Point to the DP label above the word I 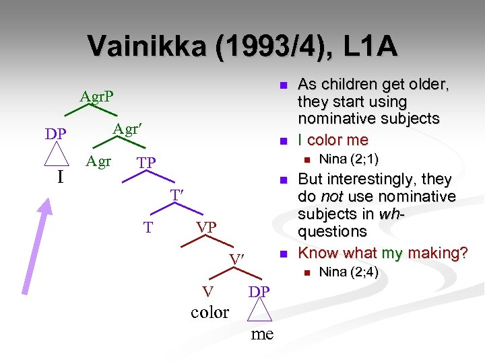(x=56, y=134)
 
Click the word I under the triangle (x=60, y=177)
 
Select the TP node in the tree (x=146, y=163)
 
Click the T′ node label (x=177, y=195)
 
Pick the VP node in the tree (x=206, y=227)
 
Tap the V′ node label (x=236, y=259)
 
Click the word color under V (x=210, y=312)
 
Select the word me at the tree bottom (x=262, y=333)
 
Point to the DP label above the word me (x=259, y=291)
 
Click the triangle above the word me (x=259, y=312)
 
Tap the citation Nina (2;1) (x=348, y=159)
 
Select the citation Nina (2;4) (x=348, y=272)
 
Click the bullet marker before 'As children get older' (x=284, y=85)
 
